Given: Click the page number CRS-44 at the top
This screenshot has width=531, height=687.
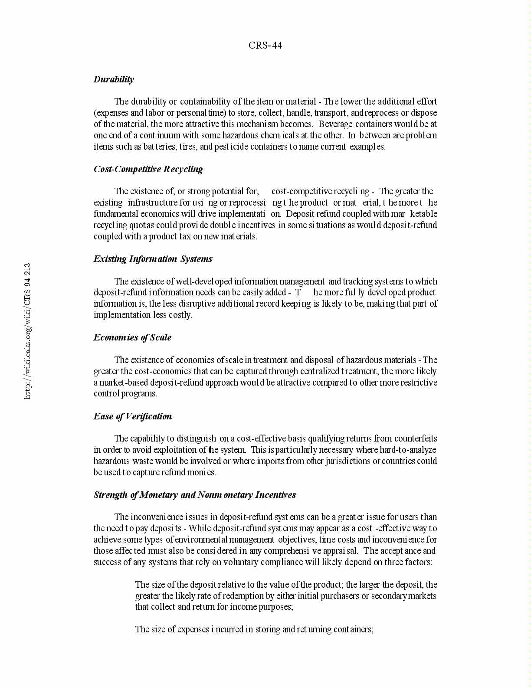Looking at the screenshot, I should tap(265, 46).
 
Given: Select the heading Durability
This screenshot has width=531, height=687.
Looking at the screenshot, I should tap(114, 79).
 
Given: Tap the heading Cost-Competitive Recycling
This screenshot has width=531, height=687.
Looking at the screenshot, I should tap(148, 169).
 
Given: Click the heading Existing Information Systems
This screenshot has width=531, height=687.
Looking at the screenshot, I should tap(153, 259).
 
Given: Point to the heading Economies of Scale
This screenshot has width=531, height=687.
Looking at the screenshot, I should tap(132, 337).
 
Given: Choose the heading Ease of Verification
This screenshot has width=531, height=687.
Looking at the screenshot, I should tap(132, 416).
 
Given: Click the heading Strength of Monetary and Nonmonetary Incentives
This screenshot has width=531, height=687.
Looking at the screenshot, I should tap(195, 495).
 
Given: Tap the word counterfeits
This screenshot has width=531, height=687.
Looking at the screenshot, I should tap(416, 438).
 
